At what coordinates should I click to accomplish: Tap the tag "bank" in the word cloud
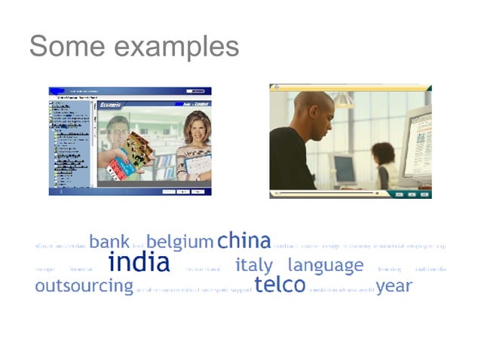[109, 242]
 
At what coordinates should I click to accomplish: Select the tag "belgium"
[179, 243]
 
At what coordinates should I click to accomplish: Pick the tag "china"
[244, 241]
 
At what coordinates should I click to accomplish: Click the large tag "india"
[139, 264]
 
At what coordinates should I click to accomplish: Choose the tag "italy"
[255, 265]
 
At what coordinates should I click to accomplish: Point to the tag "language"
[325, 266]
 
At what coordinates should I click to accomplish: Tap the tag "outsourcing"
[84, 286]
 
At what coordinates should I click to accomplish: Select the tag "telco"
[280, 285]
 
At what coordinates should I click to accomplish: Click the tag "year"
[394, 286]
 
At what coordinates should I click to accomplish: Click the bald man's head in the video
[313, 110]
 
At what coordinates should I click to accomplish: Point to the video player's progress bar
[324, 194]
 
